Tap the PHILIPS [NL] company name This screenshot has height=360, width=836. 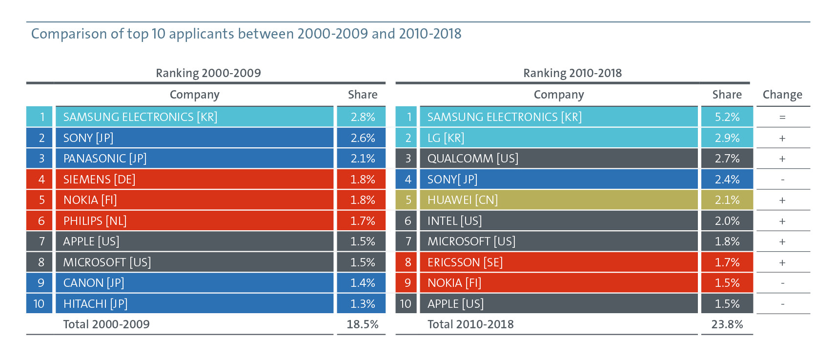95,221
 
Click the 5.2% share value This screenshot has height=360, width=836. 727,117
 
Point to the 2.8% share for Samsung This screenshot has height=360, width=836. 363,117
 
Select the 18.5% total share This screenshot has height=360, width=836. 363,324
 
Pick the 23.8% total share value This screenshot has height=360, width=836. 727,324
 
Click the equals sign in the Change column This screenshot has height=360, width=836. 782,117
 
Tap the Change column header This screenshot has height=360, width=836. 782,95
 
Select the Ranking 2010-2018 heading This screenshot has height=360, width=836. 572,73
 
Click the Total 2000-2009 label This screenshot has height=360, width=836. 106,324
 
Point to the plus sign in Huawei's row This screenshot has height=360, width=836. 782,200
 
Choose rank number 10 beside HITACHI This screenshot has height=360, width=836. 39,304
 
